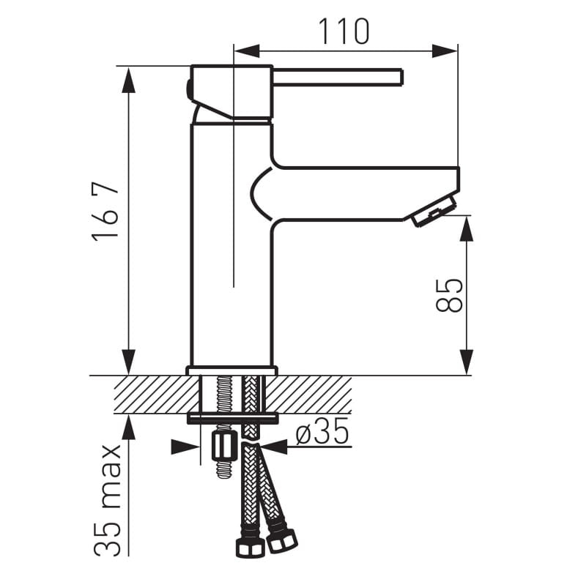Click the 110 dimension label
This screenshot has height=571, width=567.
tap(343, 31)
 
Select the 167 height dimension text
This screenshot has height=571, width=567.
tap(107, 212)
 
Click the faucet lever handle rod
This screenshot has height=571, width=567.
tap(337, 77)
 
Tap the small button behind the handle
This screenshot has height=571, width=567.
tap(189, 90)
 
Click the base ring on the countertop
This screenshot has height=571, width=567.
tap(231, 370)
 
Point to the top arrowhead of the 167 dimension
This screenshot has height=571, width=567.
tap(128, 78)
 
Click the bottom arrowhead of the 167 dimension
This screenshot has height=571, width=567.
tap(128, 362)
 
